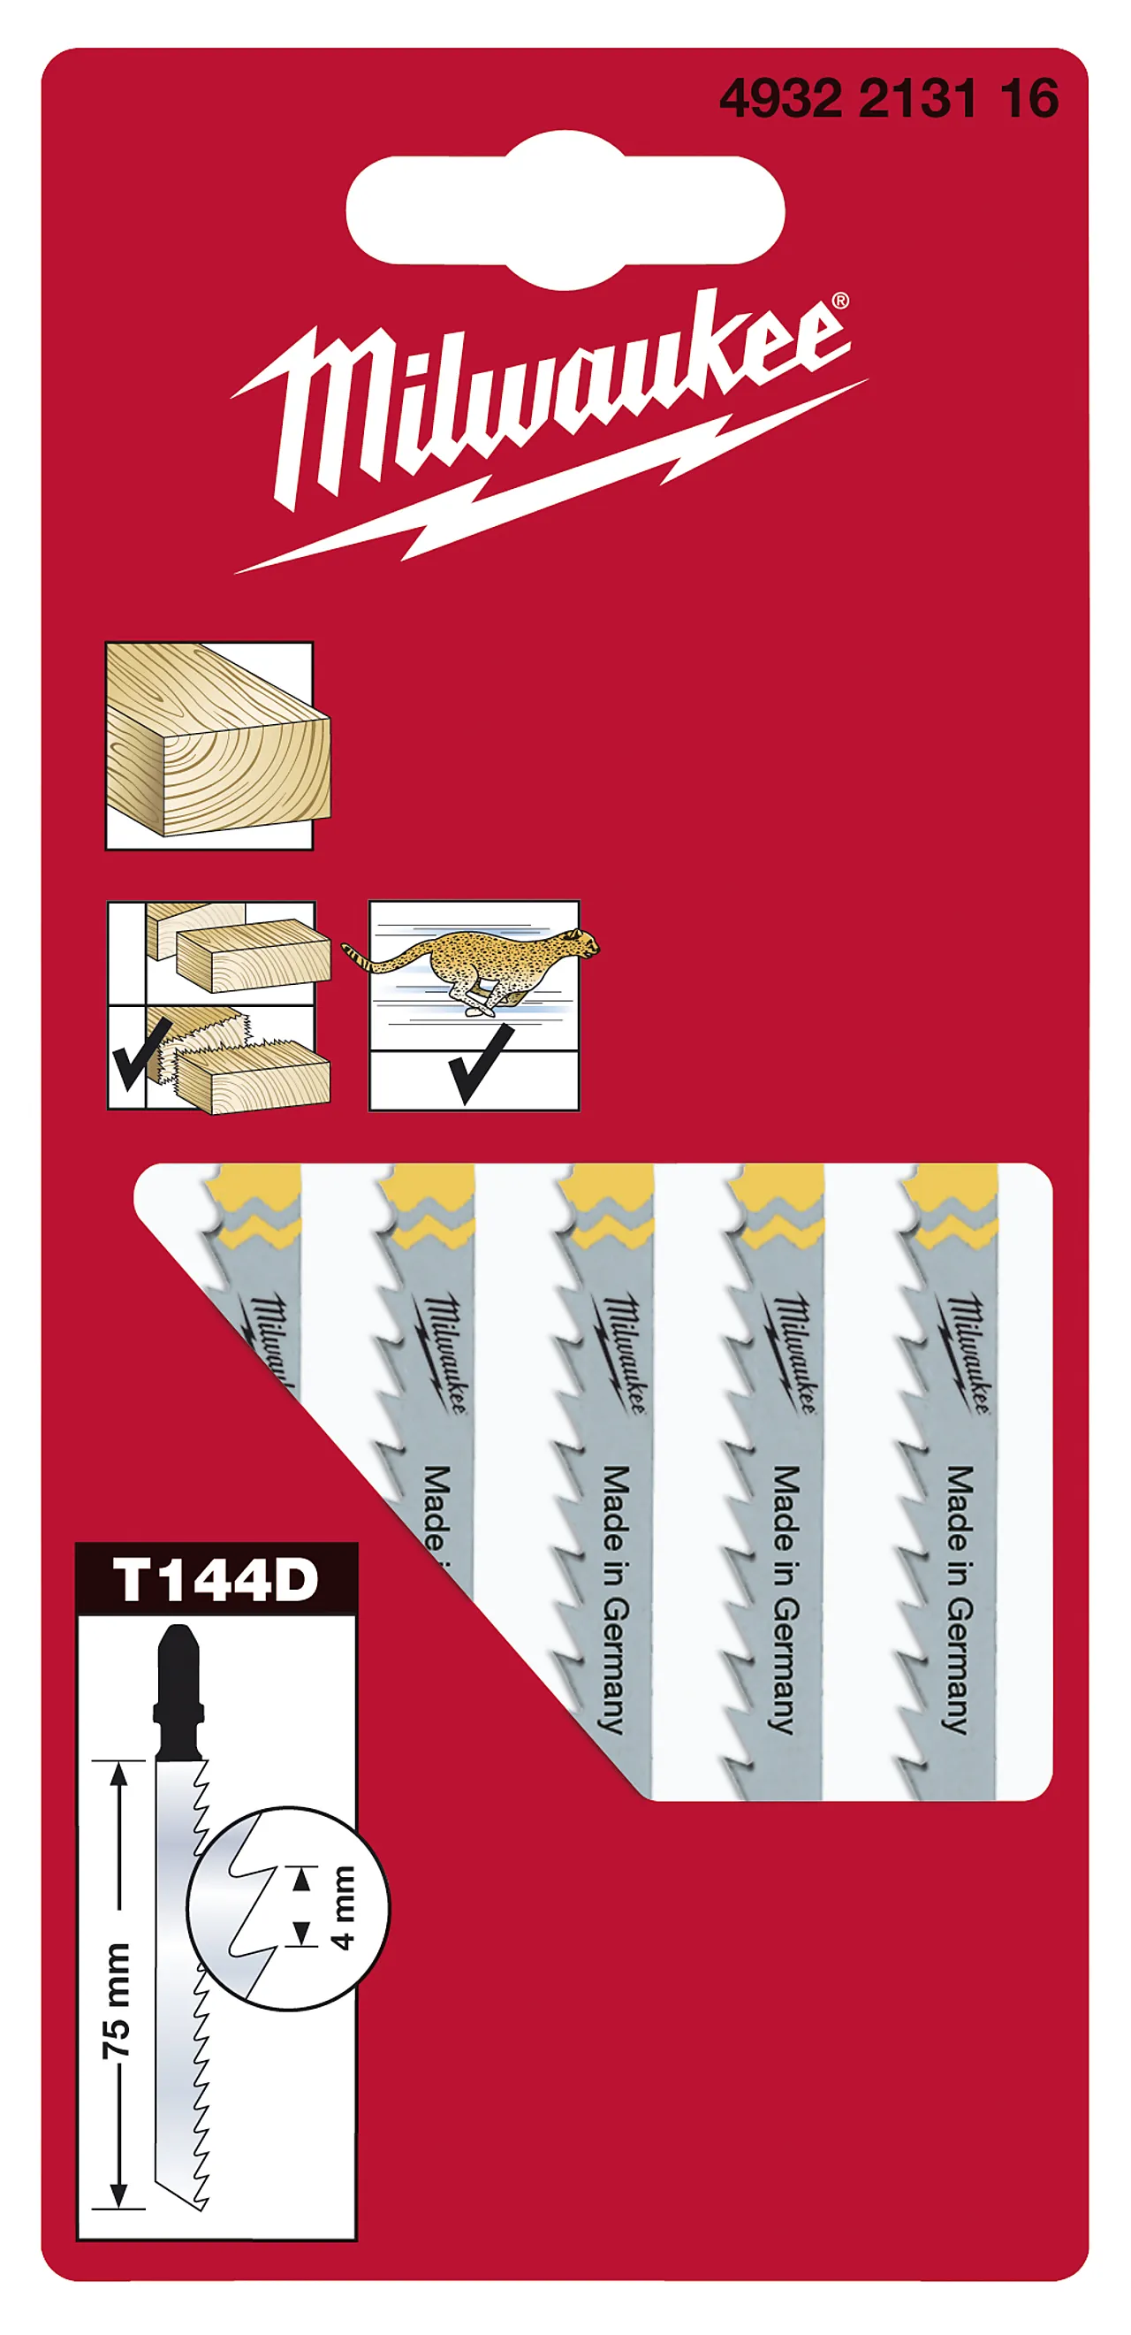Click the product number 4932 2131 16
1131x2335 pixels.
click(x=888, y=98)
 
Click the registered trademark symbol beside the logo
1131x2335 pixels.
click(x=840, y=301)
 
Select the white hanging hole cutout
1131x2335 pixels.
click(x=565, y=210)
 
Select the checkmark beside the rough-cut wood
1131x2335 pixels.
click(x=140, y=1052)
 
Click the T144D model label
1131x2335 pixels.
click(x=216, y=1580)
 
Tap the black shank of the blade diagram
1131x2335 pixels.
click(x=178, y=1690)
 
